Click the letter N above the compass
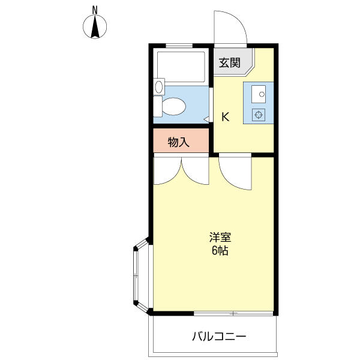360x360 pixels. point(95,10)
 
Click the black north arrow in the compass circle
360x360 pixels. point(95,26)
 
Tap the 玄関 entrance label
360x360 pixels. point(229,62)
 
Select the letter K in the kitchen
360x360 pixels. point(226,117)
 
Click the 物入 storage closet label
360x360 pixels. point(179,142)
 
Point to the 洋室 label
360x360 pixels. point(220,237)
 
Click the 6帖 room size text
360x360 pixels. point(220,250)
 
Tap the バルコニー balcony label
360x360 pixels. point(219,337)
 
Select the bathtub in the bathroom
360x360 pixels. point(181,67)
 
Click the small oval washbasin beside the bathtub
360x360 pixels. point(159,87)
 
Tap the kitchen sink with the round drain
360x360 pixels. point(259,94)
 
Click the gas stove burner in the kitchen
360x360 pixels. point(259,115)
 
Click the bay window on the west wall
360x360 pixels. point(142,275)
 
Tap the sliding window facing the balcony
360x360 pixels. point(233,313)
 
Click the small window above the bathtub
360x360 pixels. point(179,46)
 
